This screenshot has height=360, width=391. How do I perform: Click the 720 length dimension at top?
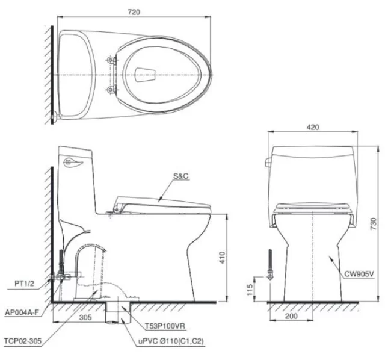(135, 12)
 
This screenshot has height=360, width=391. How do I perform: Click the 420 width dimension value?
(312, 127)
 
